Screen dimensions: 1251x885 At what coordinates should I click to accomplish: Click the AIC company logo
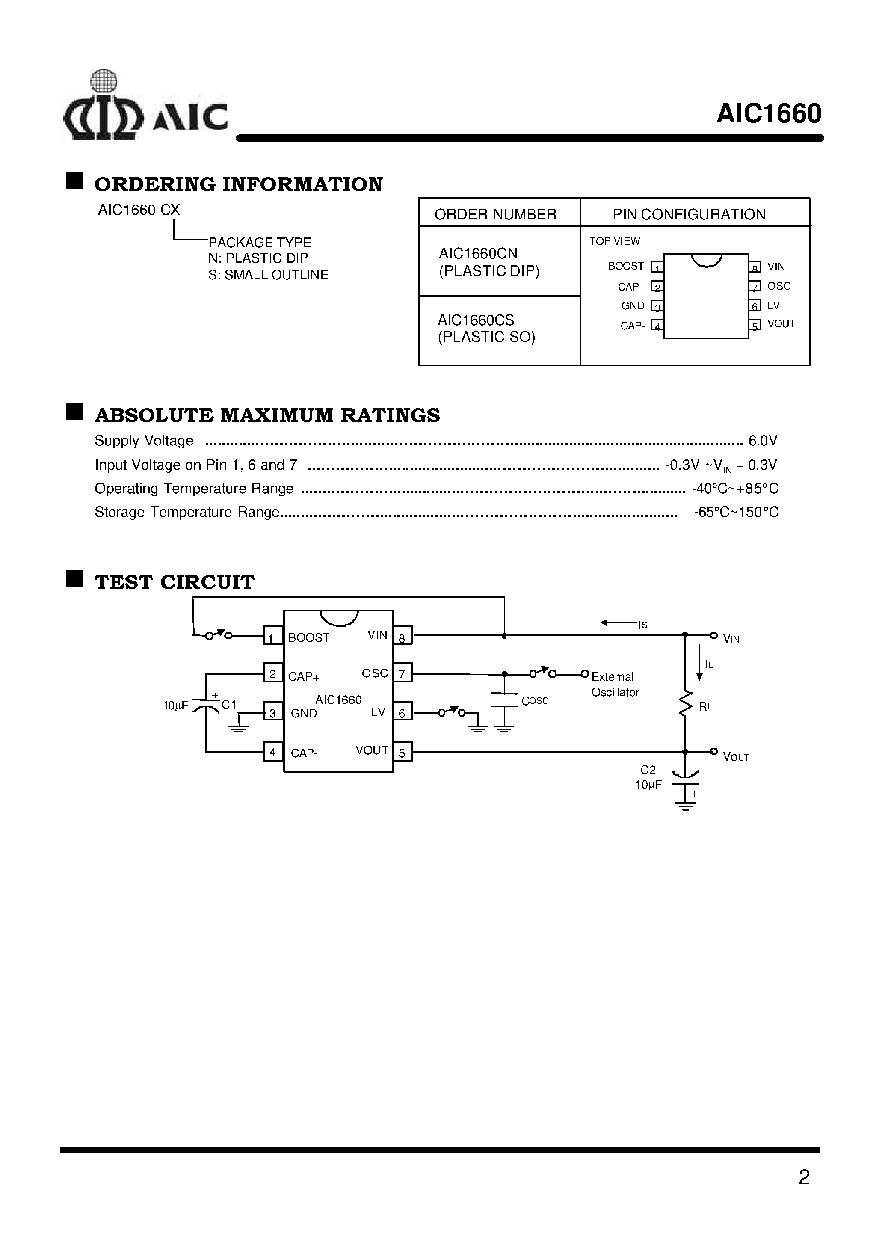coord(145,106)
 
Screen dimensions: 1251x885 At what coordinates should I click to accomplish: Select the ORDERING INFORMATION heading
coord(238,184)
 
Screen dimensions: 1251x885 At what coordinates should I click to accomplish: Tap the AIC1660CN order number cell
coord(489,262)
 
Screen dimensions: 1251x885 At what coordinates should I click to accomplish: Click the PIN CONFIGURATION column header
coord(688,214)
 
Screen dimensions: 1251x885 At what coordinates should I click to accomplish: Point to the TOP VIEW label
coord(614,241)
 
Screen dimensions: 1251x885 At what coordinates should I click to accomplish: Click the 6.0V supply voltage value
coord(762,440)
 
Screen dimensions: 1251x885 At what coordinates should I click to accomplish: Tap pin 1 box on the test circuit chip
coord(272,636)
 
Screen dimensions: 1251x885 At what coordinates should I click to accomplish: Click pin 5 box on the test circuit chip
coord(402,753)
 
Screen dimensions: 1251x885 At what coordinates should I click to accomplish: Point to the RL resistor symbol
coord(685,704)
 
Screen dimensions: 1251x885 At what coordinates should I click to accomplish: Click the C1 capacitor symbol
coord(206,704)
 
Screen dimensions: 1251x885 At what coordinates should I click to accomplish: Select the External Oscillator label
coord(615,684)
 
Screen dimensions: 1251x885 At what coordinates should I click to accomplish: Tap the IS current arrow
coord(618,623)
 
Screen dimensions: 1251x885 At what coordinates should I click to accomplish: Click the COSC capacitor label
coord(535,701)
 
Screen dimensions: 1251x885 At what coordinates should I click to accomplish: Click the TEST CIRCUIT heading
coord(175,582)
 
